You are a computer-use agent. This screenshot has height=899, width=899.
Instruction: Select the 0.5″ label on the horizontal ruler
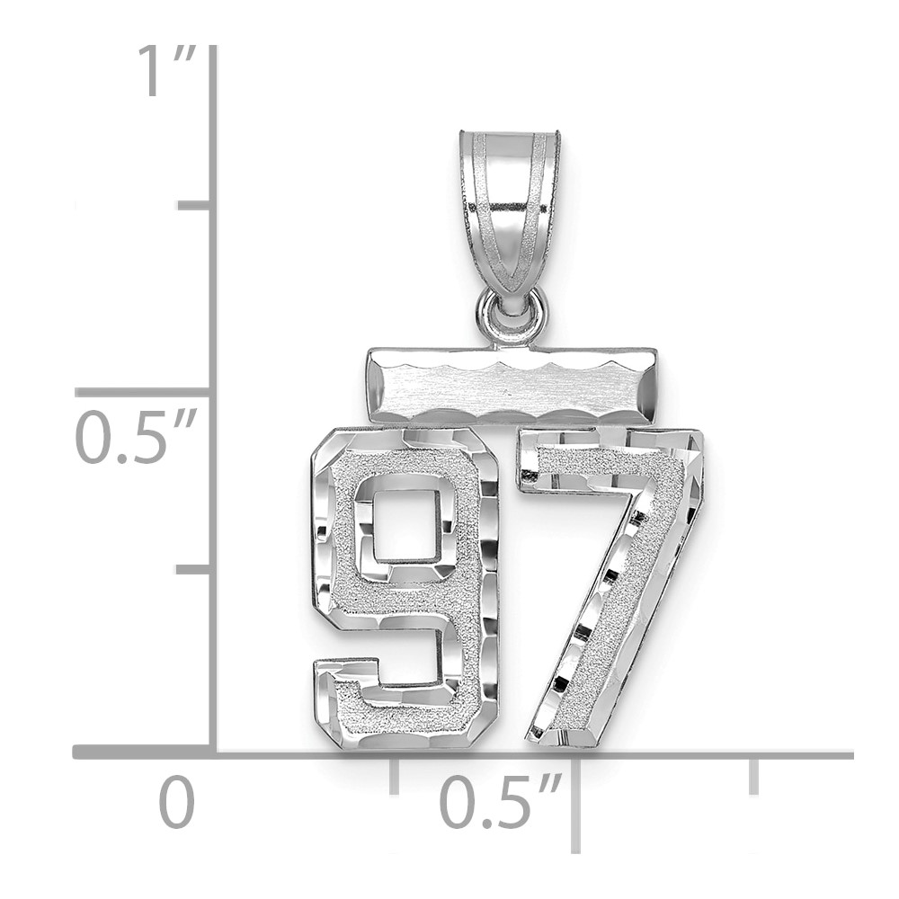tap(499, 800)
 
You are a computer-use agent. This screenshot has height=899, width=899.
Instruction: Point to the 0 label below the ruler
tap(176, 800)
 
